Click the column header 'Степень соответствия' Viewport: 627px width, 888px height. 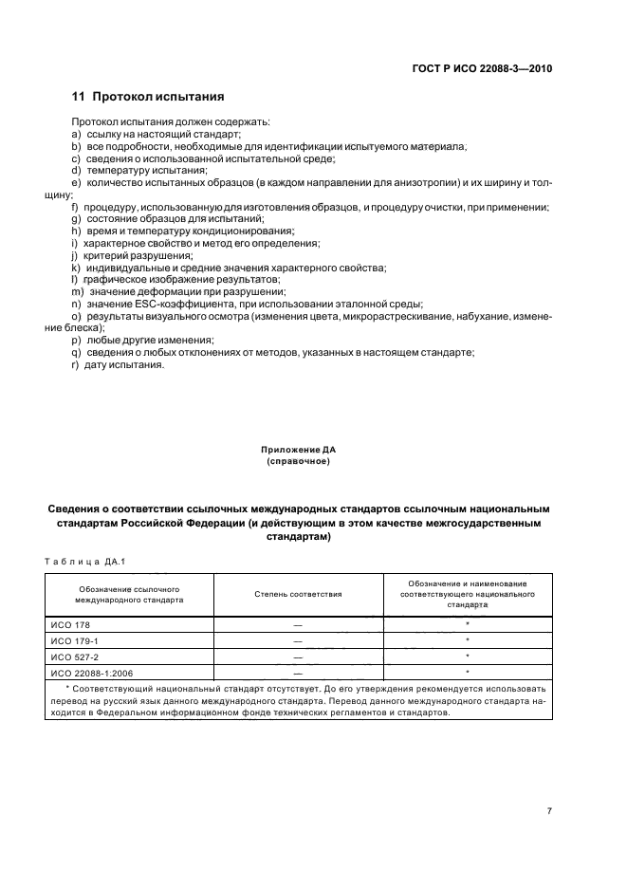[298, 594]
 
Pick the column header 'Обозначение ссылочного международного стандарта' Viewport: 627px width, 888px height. [130, 594]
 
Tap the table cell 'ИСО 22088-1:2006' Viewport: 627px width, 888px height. [85, 672]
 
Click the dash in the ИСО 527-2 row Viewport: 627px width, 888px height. [298, 657]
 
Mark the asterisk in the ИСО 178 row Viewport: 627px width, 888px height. [468, 623]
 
